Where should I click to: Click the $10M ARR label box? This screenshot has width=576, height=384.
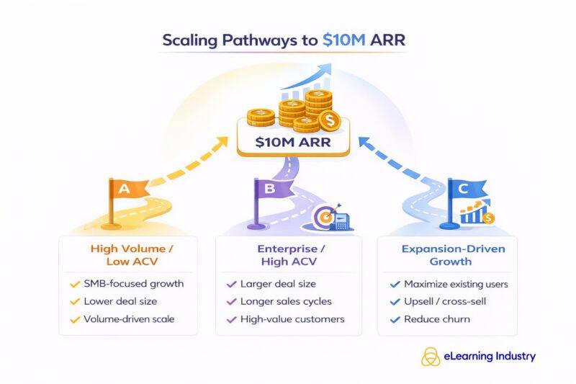coord(293,142)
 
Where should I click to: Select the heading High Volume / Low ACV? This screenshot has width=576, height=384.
coord(129,255)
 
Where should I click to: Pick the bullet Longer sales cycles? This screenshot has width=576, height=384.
coord(287,301)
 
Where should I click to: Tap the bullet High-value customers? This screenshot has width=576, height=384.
coord(293,319)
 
